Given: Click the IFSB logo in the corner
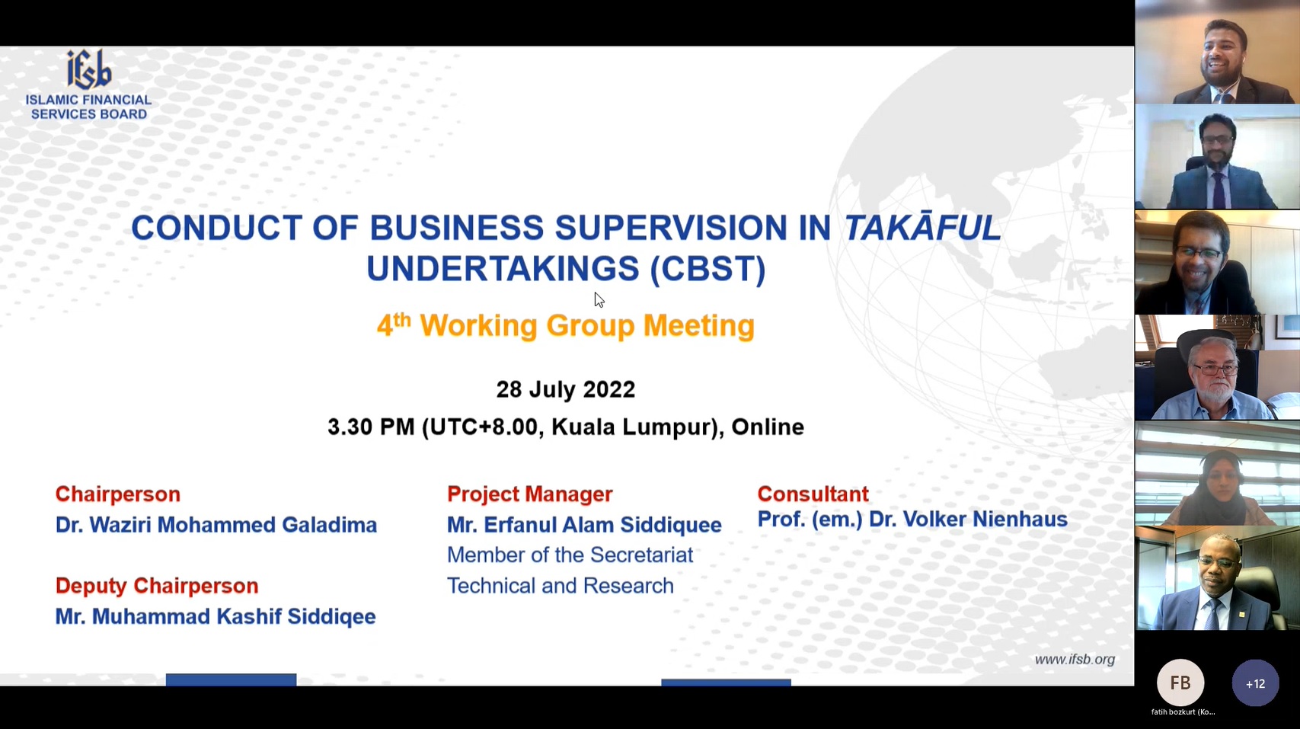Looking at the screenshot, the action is tap(88, 85).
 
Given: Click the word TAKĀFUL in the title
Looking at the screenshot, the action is tap(922, 227).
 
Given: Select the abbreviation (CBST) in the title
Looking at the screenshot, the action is tap(708, 269).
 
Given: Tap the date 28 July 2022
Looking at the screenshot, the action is tap(566, 389).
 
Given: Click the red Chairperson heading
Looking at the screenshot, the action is tap(118, 494).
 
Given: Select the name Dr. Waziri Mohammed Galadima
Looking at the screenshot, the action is tap(216, 525).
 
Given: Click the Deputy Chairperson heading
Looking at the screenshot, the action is tap(157, 586).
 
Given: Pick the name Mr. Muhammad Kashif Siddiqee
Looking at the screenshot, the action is tap(216, 615).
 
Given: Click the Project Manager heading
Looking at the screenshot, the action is tap(530, 494).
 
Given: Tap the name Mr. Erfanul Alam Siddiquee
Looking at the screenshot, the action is tap(584, 525).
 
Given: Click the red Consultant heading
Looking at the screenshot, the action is tap(813, 494).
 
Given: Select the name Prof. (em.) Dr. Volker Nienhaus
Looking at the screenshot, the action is tap(912, 519).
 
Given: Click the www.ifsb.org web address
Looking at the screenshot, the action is tap(1075, 660).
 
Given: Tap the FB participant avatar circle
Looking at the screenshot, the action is tap(1180, 683).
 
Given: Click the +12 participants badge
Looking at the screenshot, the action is tap(1255, 683).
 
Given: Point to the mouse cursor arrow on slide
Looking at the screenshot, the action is tap(599, 299).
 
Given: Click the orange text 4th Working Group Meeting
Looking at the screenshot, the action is tap(566, 325).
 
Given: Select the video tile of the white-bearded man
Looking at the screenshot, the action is tap(1218, 367).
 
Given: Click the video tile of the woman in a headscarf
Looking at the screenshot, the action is tap(1218, 473).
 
